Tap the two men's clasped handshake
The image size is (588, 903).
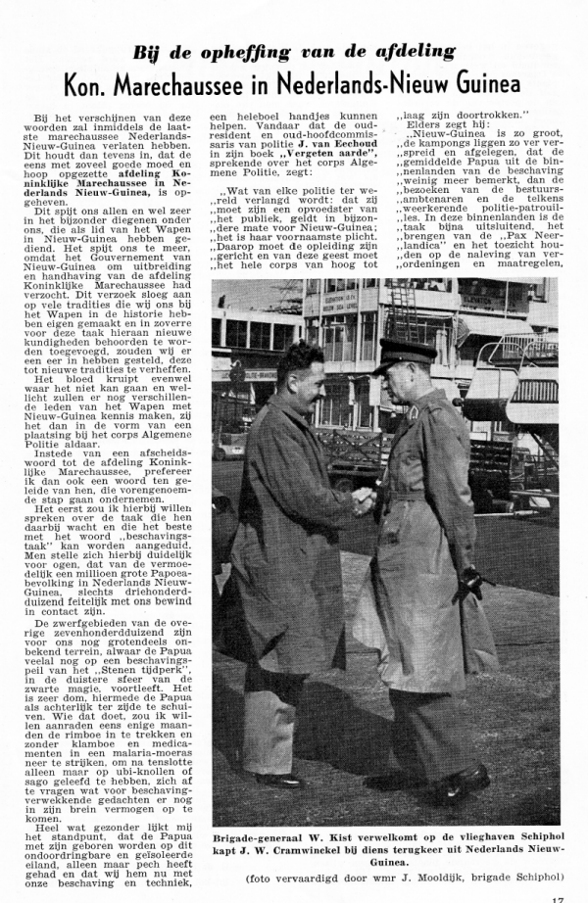coord(365,500)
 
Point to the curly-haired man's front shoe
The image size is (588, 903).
coord(279,781)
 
